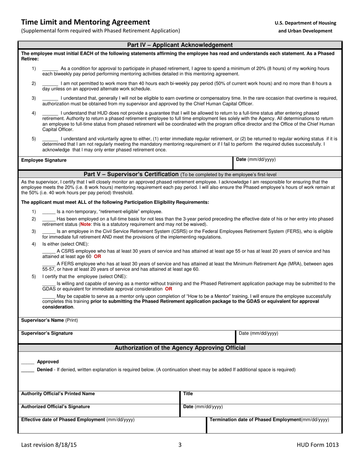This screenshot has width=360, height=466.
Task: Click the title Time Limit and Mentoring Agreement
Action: click(85, 22)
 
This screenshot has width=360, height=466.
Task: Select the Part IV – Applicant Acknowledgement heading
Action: click(180, 45)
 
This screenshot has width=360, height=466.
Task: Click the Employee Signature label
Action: click(44, 160)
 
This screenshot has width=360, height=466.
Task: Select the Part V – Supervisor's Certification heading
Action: click(131, 174)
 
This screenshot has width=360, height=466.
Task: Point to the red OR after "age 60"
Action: click(97, 256)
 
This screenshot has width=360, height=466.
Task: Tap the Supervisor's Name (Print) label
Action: click(49, 321)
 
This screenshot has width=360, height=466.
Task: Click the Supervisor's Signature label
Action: click(47, 333)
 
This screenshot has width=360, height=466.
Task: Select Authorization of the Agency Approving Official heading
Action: click(180, 348)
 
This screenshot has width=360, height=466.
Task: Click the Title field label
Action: click(188, 394)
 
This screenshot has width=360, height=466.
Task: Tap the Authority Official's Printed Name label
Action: click(58, 394)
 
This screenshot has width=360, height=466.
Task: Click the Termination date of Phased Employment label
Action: click(269, 420)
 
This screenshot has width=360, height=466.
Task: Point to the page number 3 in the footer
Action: click(180, 445)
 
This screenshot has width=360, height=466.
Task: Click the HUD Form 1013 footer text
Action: click(318, 445)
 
